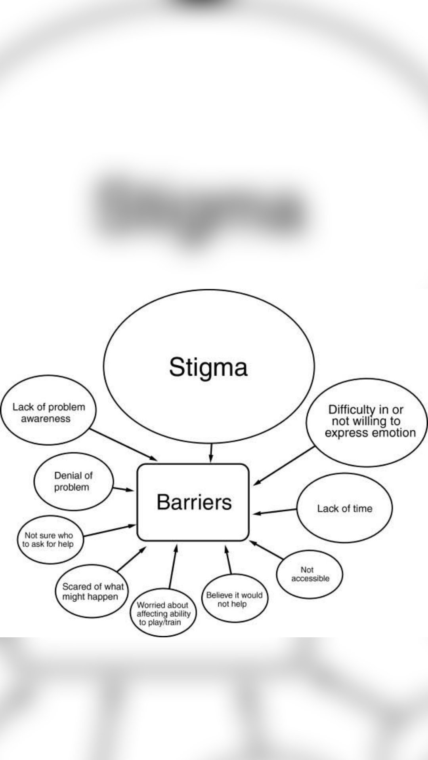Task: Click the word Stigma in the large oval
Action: pos(208,367)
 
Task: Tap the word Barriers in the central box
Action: pos(194,502)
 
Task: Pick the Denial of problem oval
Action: pos(73,481)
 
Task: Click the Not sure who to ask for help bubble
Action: pos(48,540)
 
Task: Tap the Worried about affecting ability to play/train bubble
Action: pos(163,613)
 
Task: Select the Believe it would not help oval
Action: pos(234,599)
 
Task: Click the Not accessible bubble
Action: pos(310,574)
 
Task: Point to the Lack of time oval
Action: pos(344,508)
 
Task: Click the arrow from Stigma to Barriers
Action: pos(211,452)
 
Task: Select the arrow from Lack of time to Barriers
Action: pos(275,511)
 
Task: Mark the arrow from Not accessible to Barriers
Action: pos(266,550)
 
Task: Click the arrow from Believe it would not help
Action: pos(228,560)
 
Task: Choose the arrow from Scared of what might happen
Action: pos(132,559)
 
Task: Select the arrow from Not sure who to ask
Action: pos(109,531)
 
